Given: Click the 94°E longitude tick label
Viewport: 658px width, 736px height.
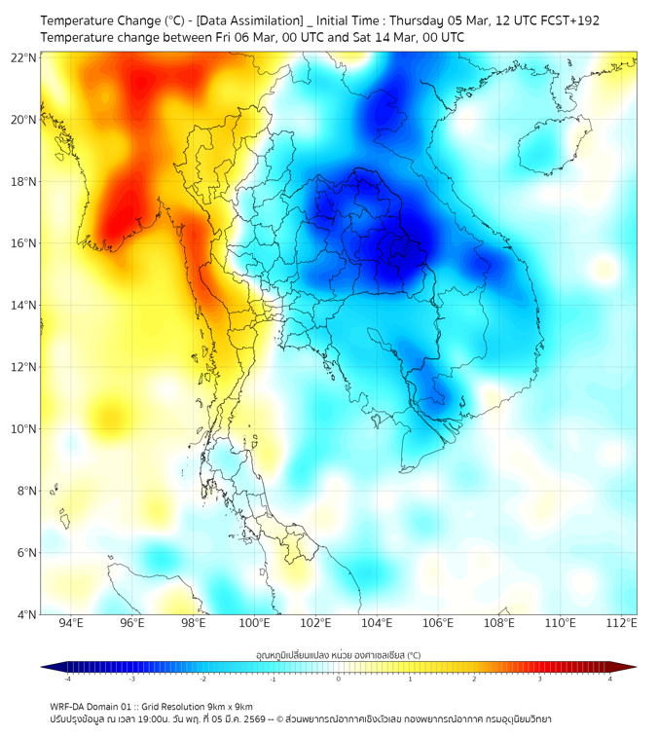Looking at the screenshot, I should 71,624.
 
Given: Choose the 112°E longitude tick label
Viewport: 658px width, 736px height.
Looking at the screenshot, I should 621,624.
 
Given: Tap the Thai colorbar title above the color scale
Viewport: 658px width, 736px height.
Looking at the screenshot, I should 338,655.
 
